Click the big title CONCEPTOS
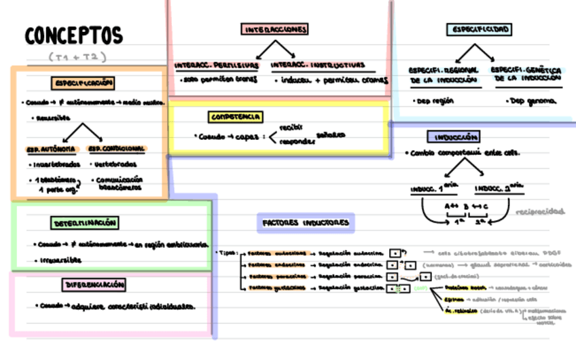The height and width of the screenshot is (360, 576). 74,36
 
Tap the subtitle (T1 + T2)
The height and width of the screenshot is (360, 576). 77,57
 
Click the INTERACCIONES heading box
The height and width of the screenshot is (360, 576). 275,29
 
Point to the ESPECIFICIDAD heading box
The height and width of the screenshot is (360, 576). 479,29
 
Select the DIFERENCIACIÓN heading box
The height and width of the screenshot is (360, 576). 95,284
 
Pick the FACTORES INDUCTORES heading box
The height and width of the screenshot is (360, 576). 306,222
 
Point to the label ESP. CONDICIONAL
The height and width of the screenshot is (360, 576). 117,149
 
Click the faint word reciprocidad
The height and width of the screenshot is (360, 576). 540,211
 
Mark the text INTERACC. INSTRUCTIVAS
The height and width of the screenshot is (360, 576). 318,66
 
